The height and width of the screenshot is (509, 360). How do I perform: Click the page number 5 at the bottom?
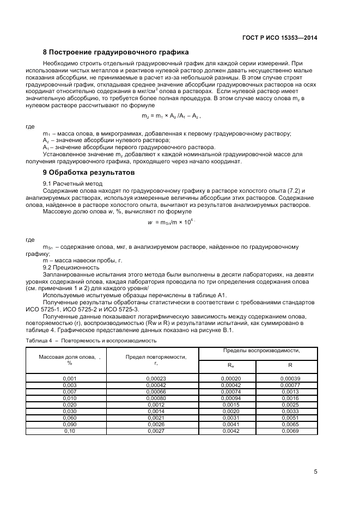[x=315, y=471]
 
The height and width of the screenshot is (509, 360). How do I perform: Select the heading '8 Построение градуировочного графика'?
[x=115, y=52]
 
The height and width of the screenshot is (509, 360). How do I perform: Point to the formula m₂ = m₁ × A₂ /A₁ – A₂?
[x=171, y=116]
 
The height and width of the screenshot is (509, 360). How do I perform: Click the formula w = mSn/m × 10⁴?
[x=172, y=222]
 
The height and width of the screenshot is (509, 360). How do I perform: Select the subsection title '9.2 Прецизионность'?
[x=71, y=267]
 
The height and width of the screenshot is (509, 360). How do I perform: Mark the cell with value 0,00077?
[x=290, y=384]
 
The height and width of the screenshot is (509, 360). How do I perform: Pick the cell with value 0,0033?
[x=290, y=411]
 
